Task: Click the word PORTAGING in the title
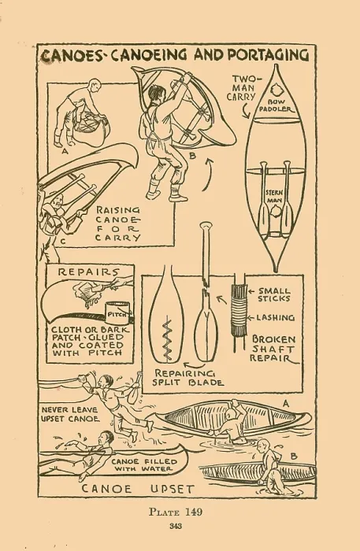pyautogui.click(x=269, y=55)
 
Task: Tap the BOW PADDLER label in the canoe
pyautogui.click(x=276, y=105)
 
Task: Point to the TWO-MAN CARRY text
pyautogui.click(x=243, y=88)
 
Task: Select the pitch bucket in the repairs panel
pyautogui.click(x=118, y=312)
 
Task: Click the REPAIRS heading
pyautogui.click(x=88, y=272)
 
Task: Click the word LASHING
pyautogui.click(x=275, y=318)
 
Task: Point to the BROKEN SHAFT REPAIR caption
pyautogui.click(x=273, y=349)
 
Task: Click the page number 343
pyautogui.click(x=176, y=526)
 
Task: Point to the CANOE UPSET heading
pyautogui.click(x=138, y=489)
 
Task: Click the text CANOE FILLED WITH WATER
pyautogui.click(x=144, y=465)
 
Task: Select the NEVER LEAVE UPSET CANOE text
pyautogui.click(x=70, y=414)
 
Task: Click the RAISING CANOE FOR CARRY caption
pyautogui.click(x=118, y=224)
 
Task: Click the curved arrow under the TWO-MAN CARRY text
pyautogui.click(x=246, y=112)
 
